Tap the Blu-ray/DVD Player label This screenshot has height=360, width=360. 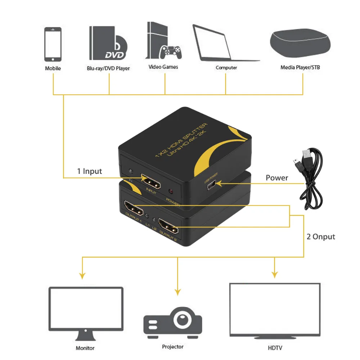coord(108,68)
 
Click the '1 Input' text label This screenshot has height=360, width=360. coord(90,171)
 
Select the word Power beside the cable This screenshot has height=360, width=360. coord(277,177)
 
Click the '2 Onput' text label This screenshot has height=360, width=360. coord(321,237)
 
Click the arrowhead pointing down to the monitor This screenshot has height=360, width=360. coord(82,276)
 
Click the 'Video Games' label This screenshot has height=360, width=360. coord(163,67)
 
